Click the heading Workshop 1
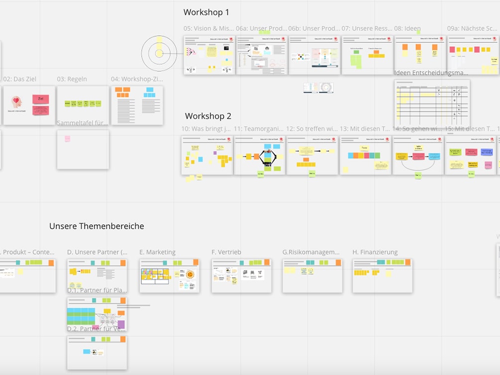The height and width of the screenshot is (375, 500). pos(206,12)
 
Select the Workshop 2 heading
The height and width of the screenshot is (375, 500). pos(208,116)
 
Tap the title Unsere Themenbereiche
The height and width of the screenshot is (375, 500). pos(97,226)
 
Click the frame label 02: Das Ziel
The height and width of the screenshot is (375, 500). pos(20,79)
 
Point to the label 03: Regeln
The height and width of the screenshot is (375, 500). pos(72,79)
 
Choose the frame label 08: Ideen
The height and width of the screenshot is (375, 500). pos(407,29)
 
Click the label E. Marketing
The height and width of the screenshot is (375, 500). pos(157,252)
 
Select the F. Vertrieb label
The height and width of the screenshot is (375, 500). pos(226,252)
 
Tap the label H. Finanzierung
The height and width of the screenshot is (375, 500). pos(375,252)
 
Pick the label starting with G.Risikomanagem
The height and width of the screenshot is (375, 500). pos(311,252)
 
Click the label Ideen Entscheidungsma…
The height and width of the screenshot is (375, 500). pos(431,73)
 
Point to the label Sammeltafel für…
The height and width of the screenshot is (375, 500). pos(83,123)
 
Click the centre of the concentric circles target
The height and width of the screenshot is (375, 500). pos(159,53)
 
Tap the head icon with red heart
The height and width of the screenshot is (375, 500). pos(17,102)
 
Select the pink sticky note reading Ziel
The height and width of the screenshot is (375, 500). pos(41,99)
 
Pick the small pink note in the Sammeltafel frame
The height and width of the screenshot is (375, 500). pos(67,139)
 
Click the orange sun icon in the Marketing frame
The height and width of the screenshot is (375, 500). pos(190,274)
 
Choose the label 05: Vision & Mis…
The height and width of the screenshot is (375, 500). pos(208,29)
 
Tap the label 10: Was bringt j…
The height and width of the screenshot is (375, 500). pos(206,129)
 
